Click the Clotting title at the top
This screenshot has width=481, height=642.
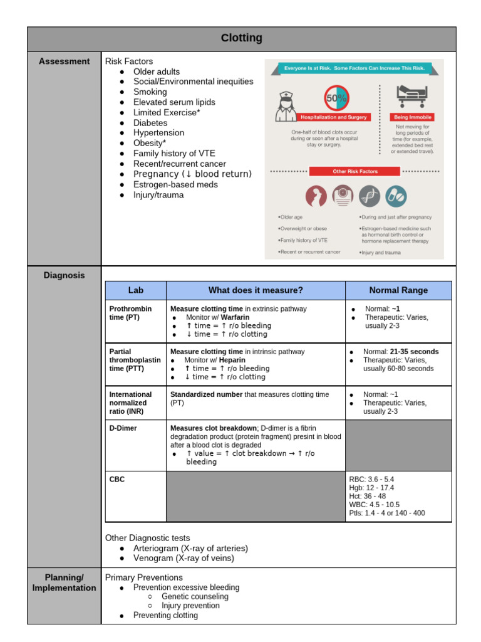point(241,38)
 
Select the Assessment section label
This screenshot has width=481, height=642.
point(64,61)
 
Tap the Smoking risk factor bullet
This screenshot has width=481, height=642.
point(150,92)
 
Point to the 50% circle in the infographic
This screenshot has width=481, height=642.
point(336,98)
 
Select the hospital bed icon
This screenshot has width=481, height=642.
point(411,96)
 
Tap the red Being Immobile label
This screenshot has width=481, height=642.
point(411,117)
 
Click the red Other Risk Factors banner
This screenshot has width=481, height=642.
point(354,171)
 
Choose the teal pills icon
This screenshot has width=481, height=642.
point(395,196)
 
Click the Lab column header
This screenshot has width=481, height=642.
point(136,290)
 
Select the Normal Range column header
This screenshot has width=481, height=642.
point(398,290)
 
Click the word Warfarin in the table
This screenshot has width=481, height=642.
point(235,317)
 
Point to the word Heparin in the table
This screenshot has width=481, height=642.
point(232,360)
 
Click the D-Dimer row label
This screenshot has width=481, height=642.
point(123,428)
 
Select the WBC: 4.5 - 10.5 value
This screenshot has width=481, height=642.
point(374,505)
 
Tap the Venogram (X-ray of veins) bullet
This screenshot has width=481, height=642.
point(184,558)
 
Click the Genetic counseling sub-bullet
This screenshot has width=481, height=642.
point(195,597)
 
